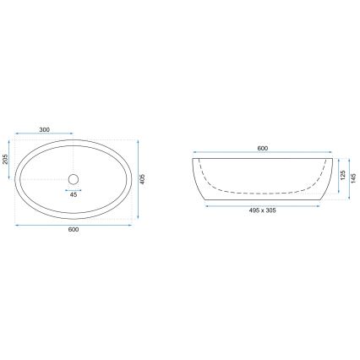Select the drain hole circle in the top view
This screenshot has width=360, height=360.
pos(73,178)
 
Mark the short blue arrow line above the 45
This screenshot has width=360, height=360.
pos(73,189)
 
